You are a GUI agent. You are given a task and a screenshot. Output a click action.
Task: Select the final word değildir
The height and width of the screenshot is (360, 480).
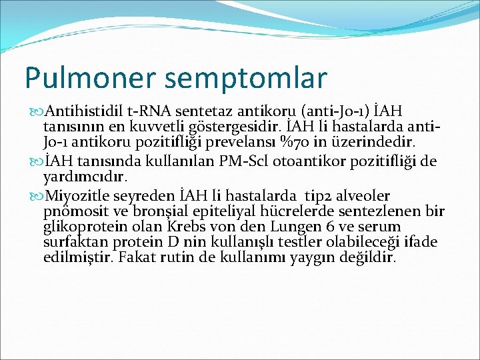(370, 257)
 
